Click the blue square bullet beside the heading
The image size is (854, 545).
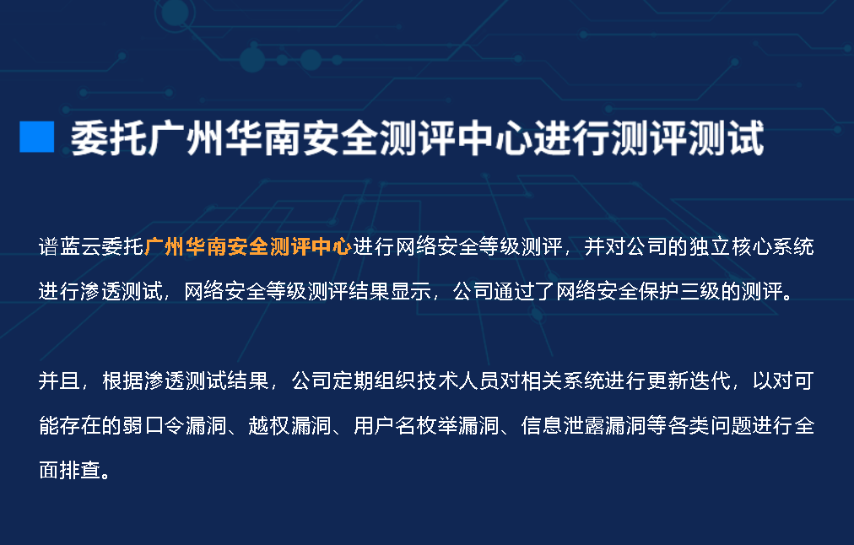pos(37,137)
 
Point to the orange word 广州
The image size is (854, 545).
pos(165,247)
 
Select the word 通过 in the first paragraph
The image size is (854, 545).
pos(514,292)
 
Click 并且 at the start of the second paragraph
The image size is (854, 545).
pos(59,381)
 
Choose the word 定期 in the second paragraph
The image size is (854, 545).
pos(354,381)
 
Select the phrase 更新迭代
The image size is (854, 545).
pos(689,381)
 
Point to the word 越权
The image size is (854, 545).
pos(269,426)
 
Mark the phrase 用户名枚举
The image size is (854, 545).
pos(405,426)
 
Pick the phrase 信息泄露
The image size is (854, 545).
pos(563,426)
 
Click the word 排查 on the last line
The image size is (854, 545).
pos(80,471)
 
